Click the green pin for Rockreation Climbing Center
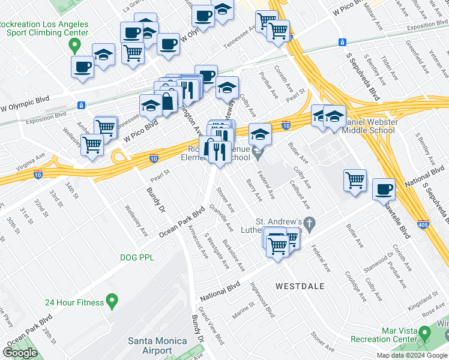[75, 44]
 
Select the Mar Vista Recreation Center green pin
[425, 332]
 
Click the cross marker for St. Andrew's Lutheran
[309, 224]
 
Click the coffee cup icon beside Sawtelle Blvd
[384, 190]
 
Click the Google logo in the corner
[19, 353]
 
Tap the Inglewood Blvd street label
[262, 299]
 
